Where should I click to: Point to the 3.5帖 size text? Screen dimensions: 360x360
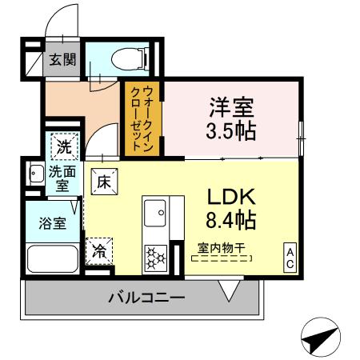[233, 130]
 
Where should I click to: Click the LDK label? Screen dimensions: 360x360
[231, 196]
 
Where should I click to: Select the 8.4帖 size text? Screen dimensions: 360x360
[231, 219]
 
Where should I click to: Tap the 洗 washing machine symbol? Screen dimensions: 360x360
[63, 146]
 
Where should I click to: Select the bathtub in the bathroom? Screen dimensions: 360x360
[52, 259]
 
